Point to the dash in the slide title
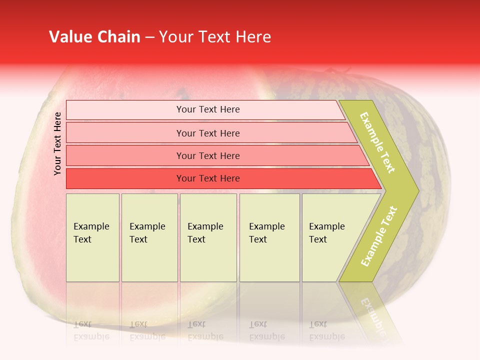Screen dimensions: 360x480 pos(149,37)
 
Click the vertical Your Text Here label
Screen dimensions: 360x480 pos(57,143)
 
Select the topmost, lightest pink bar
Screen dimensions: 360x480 pos(207,109)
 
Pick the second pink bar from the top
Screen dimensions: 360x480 pos(207,133)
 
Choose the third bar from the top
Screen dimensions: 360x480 pos(207,155)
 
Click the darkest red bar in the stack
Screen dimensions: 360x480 pos(207,178)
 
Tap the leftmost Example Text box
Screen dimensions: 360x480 pos(92,237)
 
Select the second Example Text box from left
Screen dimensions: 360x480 pos(149,237)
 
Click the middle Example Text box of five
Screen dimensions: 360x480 pos(208,237)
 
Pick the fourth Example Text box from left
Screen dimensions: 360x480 pos(269,237)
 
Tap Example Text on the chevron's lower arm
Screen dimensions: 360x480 pos(379,236)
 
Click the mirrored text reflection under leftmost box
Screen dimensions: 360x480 pos(91,330)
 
